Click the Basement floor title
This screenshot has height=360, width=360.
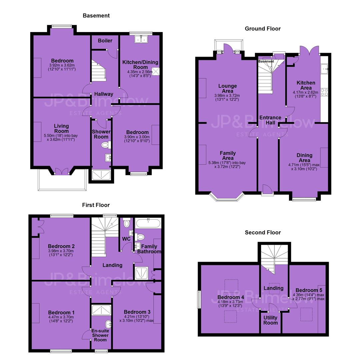click(x=96, y=16)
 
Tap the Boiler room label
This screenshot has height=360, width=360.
click(x=105, y=41)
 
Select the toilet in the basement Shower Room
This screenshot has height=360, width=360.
click(x=106, y=145)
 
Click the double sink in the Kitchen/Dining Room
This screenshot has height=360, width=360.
click(x=141, y=39)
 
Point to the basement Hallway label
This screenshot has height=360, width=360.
click(x=104, y=94)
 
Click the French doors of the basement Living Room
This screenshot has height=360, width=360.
click(x=62, y=172)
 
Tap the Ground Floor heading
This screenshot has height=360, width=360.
click(x=263, y=29)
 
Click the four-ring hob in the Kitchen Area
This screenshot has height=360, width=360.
click(x=324, y=92)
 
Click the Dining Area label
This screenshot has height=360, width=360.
click(x=304, y=158)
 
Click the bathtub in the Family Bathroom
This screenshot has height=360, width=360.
click(x=148, y=223)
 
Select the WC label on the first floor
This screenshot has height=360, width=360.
click(x=126, y=239)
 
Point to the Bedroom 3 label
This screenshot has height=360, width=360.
click(x=137, y=312)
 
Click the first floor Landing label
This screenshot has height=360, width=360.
click(x=113, y=265)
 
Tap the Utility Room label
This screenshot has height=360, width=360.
click(x=270, y=320)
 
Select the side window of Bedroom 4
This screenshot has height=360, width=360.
click(x=199, y=299)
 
